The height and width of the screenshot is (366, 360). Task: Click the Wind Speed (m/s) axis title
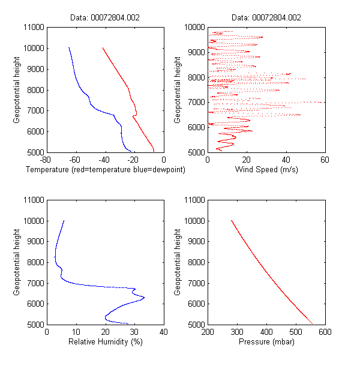[266, 170]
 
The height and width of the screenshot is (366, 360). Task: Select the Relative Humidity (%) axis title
[105, 342]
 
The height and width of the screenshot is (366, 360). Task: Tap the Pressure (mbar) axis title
[266, 342]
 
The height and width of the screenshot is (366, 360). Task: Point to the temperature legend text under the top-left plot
[106, 170]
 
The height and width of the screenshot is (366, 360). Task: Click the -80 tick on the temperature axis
[45, 160]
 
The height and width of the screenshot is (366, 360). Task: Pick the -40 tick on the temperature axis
[104, 160]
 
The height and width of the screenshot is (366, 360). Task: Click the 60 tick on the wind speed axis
[325, 160]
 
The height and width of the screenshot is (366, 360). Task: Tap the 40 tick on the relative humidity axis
[164, 332]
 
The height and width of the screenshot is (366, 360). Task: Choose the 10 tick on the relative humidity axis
[76, 332]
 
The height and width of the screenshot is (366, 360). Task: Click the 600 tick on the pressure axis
[325, 332]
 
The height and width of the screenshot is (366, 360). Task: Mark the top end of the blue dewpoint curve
[69, 48]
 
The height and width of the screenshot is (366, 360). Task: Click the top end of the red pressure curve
[232, 221]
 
